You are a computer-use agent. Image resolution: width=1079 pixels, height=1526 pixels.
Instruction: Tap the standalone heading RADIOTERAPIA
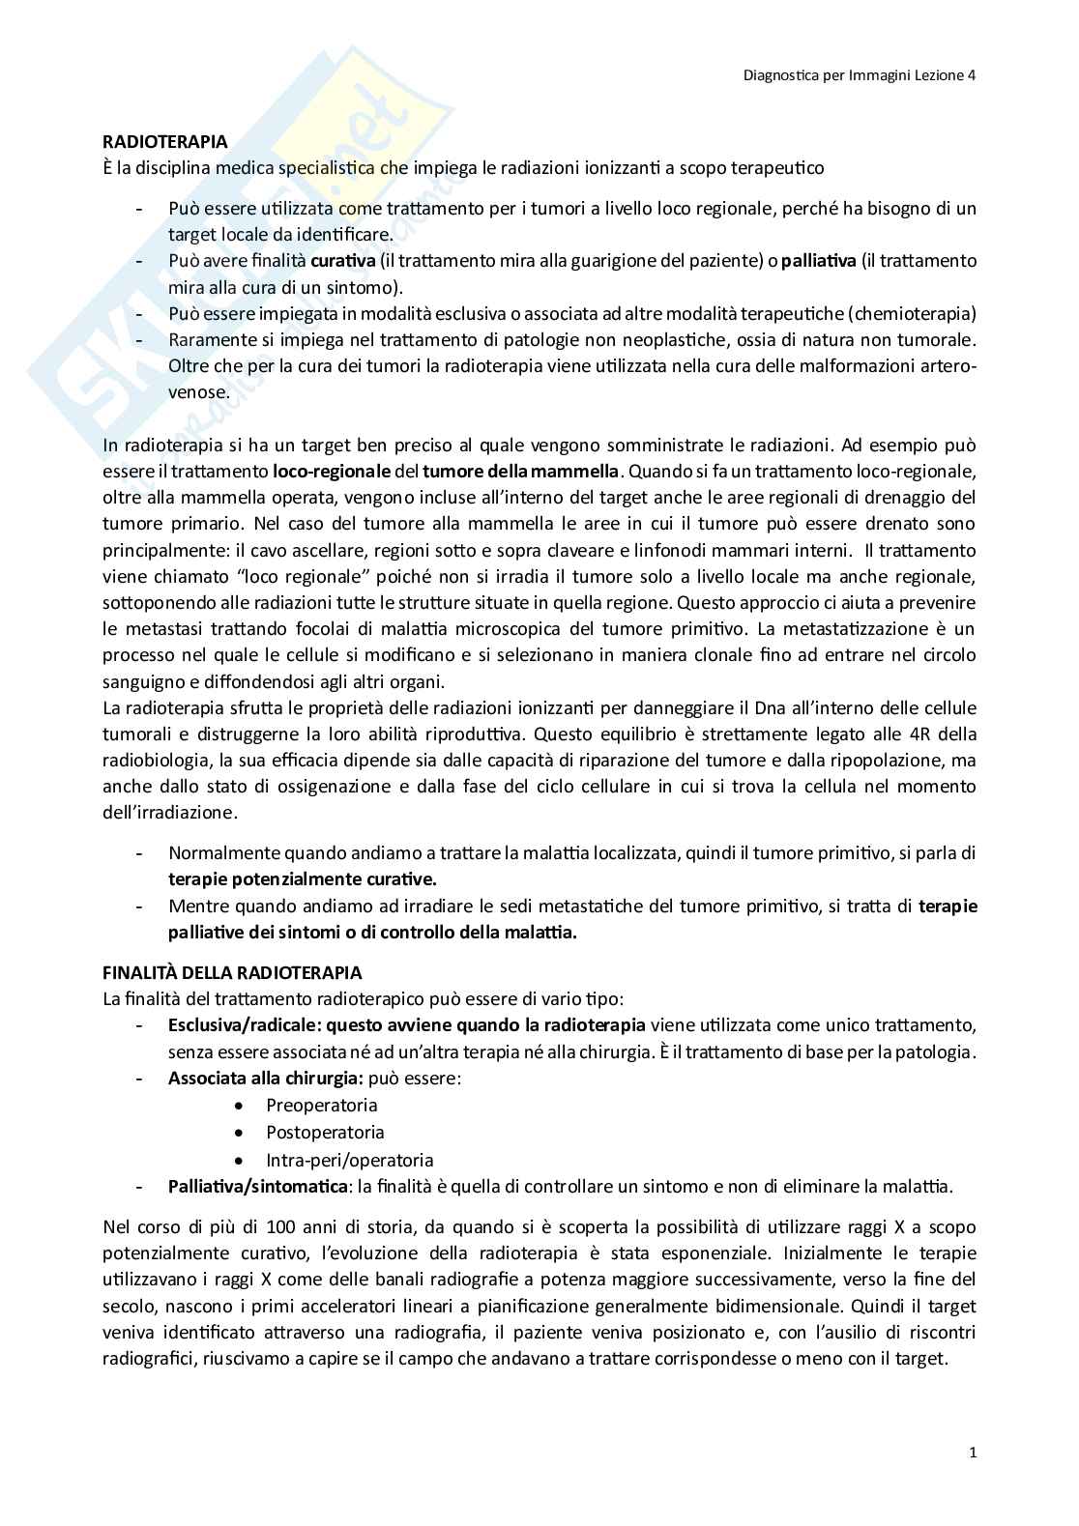[165, 142]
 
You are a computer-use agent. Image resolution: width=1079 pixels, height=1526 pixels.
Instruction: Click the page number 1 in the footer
[972, 1453]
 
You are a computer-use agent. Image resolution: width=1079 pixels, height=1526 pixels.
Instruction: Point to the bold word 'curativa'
[342, 261]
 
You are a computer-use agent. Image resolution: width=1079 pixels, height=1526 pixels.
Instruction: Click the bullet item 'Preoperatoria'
[322, 1105]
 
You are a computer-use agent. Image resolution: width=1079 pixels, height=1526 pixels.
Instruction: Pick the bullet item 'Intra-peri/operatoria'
[350, 1160]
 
